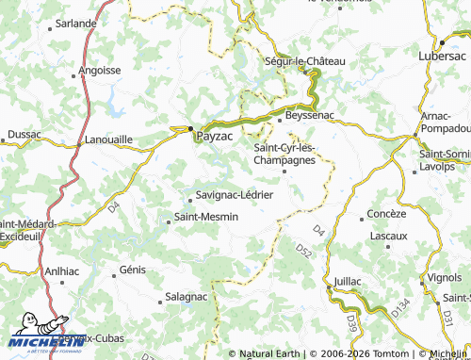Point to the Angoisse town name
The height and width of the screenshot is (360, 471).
[x=100, y=70]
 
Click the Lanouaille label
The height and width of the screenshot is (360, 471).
[x=108, y=139]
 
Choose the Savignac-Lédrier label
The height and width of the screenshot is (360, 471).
[x=234, y=195]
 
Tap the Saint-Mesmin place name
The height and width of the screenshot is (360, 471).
[x=206, y=218]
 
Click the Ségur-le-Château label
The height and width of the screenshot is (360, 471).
[x=306, y=61]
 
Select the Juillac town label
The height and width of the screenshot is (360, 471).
[x=347, y=281]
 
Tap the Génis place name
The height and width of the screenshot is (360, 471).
[x=133, y=270]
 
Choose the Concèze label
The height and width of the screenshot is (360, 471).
[x=386, y=214]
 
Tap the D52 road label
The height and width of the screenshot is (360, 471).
[x=303, y=250]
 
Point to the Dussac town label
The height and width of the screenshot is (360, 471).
[x=24, y=135]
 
